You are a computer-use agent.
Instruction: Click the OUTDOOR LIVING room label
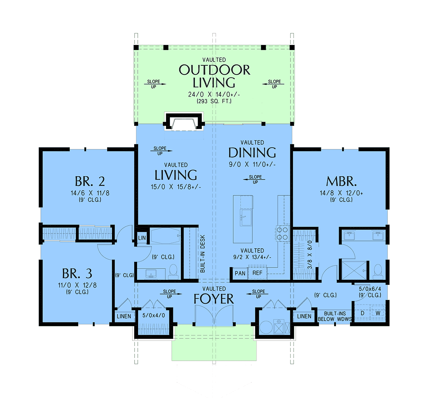click(214, 76)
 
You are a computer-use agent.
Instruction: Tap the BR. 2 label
click(90, 181)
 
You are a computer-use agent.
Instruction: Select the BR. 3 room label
click(77, 273)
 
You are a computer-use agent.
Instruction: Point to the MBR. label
click(341, 181)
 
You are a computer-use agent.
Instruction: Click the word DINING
click(252, 153)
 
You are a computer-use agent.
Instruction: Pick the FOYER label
click(214, 299)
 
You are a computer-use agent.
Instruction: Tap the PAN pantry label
click(240, 273)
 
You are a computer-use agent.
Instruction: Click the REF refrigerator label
click(257, 273)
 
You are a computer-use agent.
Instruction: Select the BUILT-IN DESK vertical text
click(202, 254)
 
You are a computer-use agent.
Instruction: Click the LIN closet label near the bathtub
click(142, 238)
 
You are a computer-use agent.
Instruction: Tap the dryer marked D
click(362, 313)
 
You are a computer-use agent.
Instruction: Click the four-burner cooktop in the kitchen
click(282, 233)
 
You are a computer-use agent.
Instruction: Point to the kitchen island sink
click(246, 217)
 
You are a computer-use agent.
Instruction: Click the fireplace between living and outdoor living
click(184, 122)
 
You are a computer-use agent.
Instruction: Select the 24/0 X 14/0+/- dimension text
click(214, 94)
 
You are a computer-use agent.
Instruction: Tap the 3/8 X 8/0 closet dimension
click(310, 255)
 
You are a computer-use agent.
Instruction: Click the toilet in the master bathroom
click(377, 271)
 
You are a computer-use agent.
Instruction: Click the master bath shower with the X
click(354, 270)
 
